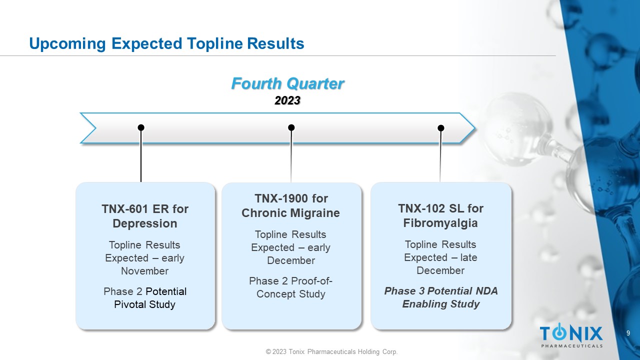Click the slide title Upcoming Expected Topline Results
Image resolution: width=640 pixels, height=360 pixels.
166,43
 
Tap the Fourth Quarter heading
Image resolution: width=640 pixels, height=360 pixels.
287,83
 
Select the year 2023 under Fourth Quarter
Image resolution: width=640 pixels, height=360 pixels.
287,100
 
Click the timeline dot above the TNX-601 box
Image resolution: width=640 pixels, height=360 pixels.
141,127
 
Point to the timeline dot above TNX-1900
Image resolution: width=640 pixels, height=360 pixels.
291,127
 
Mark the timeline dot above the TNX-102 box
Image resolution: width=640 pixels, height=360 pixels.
441,128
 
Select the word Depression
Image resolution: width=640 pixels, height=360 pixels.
145,223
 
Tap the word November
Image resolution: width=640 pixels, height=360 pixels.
145,271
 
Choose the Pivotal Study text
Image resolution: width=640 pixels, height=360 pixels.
144,304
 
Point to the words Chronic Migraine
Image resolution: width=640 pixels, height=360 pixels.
290,213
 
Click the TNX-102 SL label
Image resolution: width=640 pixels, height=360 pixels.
431,208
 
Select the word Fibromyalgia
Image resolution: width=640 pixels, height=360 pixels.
440,223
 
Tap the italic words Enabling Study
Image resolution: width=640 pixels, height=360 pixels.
441,304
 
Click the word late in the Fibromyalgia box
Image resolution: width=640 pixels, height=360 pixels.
468,257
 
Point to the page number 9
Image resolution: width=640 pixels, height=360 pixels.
628,333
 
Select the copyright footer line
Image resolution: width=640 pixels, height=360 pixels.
331,351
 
